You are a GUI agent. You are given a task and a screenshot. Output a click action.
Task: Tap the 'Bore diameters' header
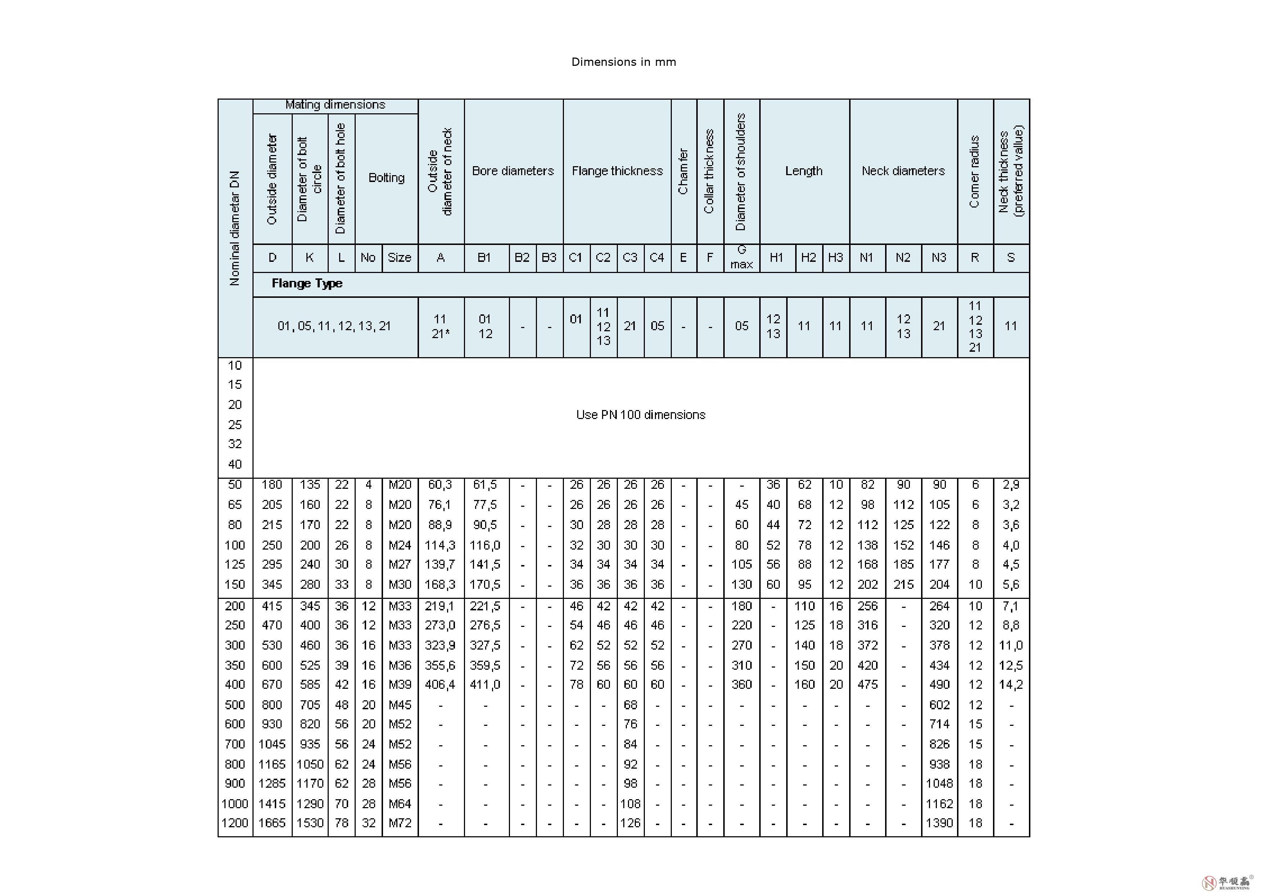coord(513,171)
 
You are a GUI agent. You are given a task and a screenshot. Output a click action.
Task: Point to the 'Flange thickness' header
coord(617,171)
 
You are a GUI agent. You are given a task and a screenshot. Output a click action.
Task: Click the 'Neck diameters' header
coord(903,171)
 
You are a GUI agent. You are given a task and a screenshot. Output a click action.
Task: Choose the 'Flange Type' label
coord(307,283)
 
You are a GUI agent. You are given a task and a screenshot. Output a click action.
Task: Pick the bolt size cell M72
coord(400,823)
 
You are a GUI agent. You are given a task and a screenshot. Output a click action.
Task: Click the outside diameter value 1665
coord(272,823)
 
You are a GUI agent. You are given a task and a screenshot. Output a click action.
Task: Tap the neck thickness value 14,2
coord(1011,684)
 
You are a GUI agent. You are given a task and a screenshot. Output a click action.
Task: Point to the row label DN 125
coord(235,564)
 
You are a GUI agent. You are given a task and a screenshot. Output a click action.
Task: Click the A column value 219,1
coord(440,606)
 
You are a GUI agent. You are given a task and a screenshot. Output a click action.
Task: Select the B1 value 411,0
coord(485,684)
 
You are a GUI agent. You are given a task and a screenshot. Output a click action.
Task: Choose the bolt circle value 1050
coord(310,764)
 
